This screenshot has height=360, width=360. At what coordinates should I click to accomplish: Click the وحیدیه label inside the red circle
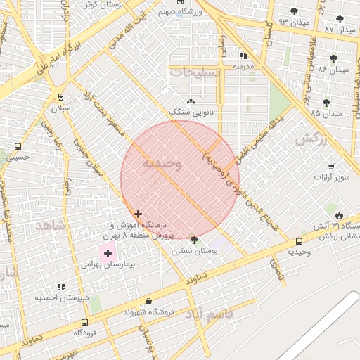pyautogui.click(x=162, y=164)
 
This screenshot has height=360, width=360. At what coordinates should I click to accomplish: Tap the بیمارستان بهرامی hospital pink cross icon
pyautogui.click(x=108, y=253)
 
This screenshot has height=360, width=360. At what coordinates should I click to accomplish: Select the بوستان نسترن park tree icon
pyautogui.click(x=195, y=240)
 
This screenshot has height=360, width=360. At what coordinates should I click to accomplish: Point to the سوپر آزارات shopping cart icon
pyautogui.click(x=331, y=167)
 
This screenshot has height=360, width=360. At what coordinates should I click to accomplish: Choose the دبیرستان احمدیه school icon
pyautogui.click(x=61, y=286)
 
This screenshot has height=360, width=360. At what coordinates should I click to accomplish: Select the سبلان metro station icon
pyautogui.click(x=60, y=98)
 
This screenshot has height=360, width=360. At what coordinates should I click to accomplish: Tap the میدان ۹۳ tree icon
pyautogui.click(x=294, y=11)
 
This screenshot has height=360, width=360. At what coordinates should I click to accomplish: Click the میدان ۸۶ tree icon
pyautogui.click(x=333, y=58)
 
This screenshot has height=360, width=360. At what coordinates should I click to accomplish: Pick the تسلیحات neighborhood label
pyautogui.click(x=195, y=72)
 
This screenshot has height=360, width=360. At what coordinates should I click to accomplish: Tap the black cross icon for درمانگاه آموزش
pyautogui.click(x=138, y=214)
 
